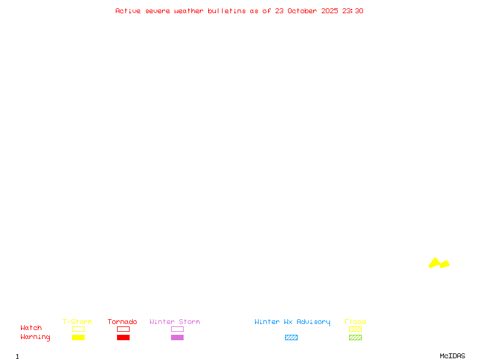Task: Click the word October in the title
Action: (306, 11)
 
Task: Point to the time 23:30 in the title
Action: (353, 11)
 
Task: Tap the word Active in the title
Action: (128, 11)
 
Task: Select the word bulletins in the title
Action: (227, 11)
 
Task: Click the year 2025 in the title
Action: (329, 11)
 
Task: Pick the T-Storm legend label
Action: (77, 322)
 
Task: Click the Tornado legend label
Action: (122, 322)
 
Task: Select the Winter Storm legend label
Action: (175, 322)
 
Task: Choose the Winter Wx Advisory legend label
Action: (292, 322)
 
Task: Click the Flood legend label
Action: (355, 322)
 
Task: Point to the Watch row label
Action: (31, 328)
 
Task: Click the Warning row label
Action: (35, 337)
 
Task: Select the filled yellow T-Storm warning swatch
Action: (78, 338)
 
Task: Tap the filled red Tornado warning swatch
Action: (123, 338)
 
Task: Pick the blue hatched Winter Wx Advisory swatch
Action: (291, 338)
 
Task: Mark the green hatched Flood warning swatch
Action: (355, 338)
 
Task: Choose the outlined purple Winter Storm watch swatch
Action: (177, 329)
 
